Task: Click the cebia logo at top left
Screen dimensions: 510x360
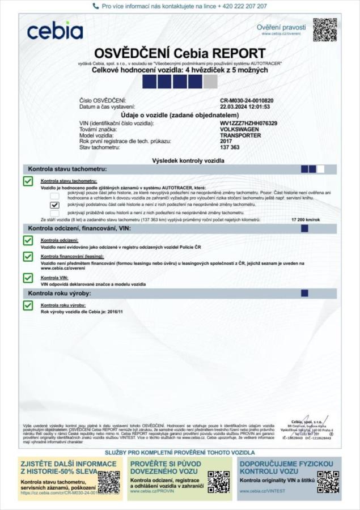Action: [55, 31]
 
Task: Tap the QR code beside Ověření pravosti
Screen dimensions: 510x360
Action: [325, 29]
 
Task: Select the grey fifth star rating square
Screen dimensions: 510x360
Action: [210, 82]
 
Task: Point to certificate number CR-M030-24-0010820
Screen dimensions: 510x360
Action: [247, 100]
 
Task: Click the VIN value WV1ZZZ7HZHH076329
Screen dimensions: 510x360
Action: [249, 124]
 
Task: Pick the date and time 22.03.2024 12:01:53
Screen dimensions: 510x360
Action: [245, 107]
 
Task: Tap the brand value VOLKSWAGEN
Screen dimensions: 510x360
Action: [241, 130]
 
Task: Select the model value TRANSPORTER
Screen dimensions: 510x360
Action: [240, 136]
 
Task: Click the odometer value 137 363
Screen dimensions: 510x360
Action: [230, 148]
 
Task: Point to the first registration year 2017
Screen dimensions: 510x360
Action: [226, 142]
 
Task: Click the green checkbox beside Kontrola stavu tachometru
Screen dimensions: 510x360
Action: [28, 181]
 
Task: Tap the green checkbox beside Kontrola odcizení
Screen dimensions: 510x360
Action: [28, 240]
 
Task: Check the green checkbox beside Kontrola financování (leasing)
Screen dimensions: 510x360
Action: [28, 257]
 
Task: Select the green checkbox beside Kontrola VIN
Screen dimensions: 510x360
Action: [28, 278]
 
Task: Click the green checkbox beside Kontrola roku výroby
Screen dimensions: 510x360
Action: [28, 305]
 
